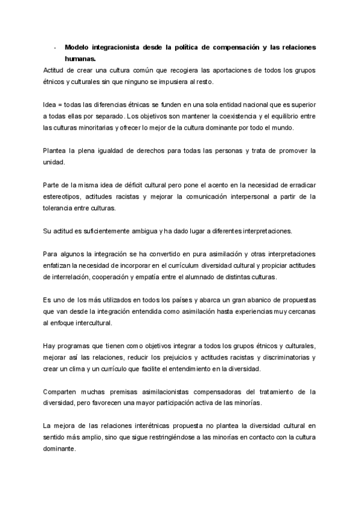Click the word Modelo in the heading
(77, 47)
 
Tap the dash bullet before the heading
(55, 47)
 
